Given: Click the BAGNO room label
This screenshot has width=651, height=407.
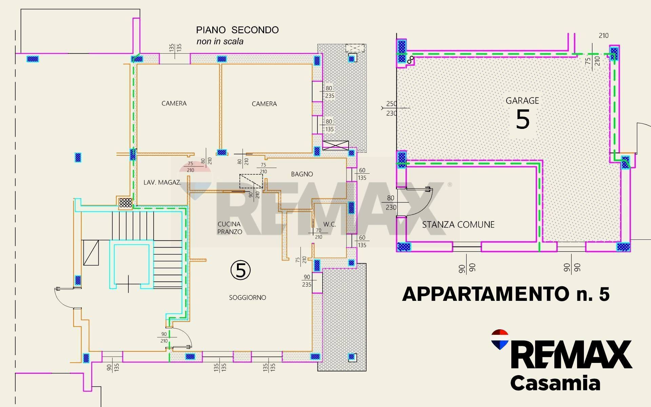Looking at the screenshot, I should [x=302, y=174].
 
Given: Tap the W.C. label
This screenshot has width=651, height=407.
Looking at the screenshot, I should [x=329, y=225].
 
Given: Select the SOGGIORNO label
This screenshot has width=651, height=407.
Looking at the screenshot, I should [x=248, y=298].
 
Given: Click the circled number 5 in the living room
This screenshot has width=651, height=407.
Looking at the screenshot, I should [x=240, y=270].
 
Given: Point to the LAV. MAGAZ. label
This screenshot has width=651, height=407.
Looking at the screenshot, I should [x=162, y=182].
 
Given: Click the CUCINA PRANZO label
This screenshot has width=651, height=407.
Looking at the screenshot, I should [x=230, y=228].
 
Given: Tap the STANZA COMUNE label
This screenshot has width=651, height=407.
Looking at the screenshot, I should [x=458, y=225].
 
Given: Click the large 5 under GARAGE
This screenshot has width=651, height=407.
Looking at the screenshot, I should [x=522, y=119].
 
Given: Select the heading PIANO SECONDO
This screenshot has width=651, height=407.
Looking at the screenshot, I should [x=237, y=30].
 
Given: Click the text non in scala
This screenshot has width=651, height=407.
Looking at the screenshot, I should [x=220, y=41].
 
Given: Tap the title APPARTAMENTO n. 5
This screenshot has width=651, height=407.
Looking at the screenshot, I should [x=506, y=294].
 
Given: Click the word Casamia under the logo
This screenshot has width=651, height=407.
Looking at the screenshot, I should [x=555, y=383].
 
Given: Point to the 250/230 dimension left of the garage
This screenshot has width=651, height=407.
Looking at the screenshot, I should [x=391, y=109].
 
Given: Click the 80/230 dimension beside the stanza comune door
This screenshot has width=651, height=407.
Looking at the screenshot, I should [x=391, y=202].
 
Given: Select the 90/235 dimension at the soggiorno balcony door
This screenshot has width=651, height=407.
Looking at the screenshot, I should [x=307, y=281].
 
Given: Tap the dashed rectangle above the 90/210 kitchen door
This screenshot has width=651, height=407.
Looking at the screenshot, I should [x=251, y=181].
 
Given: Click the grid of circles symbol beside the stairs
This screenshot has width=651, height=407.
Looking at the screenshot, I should [x=125, y=202].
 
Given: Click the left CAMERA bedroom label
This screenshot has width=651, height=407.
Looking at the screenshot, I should [x=174, y=103].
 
